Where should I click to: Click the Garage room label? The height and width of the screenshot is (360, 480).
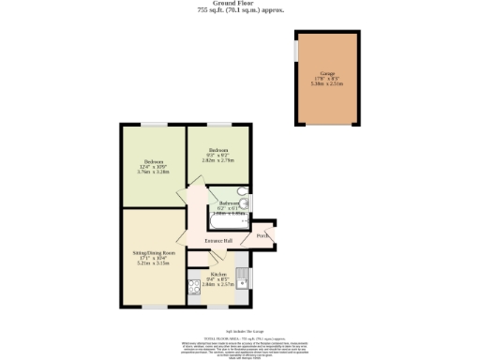(327, 72)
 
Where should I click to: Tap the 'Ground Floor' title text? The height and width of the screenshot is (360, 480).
(241, 3)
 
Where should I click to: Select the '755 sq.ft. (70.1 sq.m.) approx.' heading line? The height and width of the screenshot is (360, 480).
(241, 10)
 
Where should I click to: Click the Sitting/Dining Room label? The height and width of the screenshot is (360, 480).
(154, 253)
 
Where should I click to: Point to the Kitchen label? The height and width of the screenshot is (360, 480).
(218, 275)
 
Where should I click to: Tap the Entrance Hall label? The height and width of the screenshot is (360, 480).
(219, 241)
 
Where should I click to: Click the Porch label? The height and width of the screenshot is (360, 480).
(264, 235)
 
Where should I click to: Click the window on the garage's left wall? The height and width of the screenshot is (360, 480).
(296, 51)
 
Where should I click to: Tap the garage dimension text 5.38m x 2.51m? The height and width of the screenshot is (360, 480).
(327, 83)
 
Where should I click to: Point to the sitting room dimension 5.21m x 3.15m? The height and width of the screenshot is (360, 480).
(154, 264)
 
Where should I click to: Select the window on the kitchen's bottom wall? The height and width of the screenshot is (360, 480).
(220, 307)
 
